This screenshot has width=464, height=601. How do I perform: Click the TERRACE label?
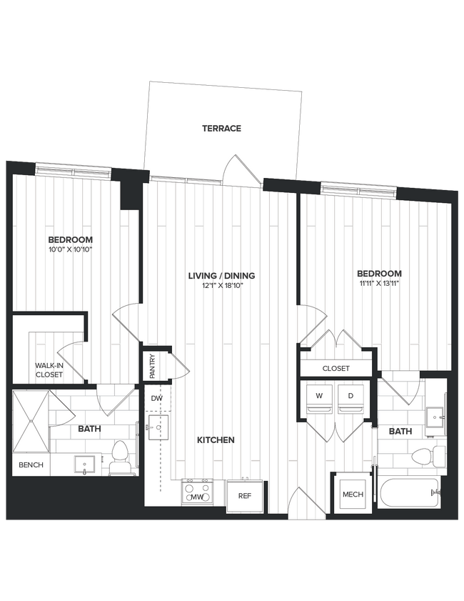(221, 129)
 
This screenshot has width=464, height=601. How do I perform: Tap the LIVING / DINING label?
(221, 276)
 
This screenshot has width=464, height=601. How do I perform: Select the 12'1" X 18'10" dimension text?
(221, 287)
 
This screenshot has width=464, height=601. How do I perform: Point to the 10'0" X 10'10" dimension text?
(70, 250)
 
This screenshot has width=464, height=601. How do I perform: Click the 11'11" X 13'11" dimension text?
(379, 284)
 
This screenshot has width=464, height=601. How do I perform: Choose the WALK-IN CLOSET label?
(49, 370)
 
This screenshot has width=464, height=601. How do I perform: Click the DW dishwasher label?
(156, 399)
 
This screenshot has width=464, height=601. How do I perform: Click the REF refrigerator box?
(244, 496)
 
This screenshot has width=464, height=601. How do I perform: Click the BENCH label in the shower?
(31, 465)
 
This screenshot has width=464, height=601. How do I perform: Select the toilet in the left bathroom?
(119, 458)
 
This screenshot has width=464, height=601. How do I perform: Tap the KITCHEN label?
(216, 440)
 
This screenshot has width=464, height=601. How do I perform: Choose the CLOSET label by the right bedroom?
(336, 369)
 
